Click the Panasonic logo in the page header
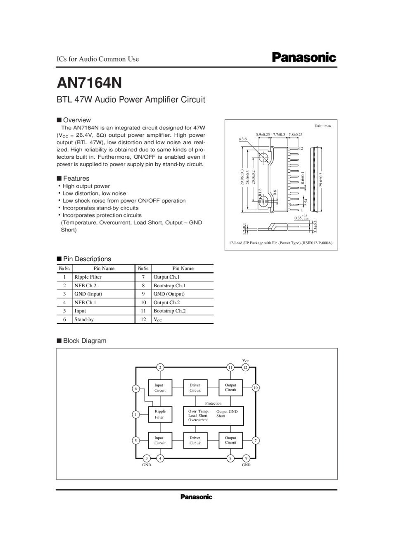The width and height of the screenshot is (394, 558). click(304, 57)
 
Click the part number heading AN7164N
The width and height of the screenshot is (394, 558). click(89, 83)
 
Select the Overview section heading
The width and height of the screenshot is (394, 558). click(77, 120)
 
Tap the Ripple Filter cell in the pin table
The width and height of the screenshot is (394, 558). click(88, 277)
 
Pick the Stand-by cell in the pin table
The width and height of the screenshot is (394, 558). click(84, 320)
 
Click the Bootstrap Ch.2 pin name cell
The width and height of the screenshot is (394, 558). click(169, 311)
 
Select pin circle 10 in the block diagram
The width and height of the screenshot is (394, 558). click(256, 388)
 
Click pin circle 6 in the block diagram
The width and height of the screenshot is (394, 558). click(135, 389)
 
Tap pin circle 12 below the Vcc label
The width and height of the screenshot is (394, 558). click(245, 367)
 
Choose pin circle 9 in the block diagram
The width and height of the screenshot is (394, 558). click(246, 458)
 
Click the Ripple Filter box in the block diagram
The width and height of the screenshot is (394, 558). click(160, 414)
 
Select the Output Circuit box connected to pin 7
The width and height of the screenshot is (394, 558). click(230, 440)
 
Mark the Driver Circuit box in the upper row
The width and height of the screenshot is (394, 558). click(195, 388)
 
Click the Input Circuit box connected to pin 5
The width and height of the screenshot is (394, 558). click(160, 440)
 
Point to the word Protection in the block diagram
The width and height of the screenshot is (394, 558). click(213, 403)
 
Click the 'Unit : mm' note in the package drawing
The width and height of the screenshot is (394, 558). click(323, 126)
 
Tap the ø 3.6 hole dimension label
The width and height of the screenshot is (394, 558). click(242, 139)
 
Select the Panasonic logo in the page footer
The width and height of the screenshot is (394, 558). click(196, 497)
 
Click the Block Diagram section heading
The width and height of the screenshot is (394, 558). click(84, 341)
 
